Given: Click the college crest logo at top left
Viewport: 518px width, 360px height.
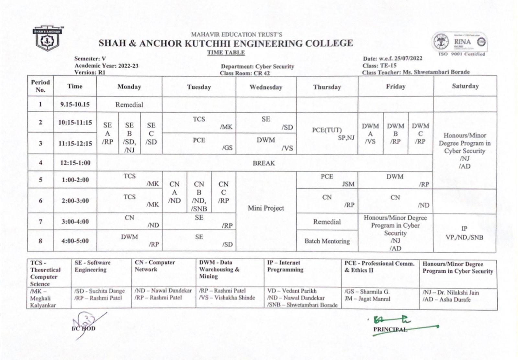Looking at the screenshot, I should tap(47, 39).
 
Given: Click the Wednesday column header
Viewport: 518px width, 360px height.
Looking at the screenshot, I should tap(266, 87).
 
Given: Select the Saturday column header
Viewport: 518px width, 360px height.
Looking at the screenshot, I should tap(465, 86).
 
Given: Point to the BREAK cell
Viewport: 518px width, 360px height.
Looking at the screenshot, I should tap(264, 163).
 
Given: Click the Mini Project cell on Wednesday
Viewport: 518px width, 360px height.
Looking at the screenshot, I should tap(266, 208).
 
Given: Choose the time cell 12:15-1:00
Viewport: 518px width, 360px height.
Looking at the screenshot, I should tap(75, 163).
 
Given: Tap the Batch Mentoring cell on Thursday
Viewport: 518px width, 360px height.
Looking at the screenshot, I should tap(327, 241).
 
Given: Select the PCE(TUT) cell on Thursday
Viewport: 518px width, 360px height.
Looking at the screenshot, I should tap(327, 130).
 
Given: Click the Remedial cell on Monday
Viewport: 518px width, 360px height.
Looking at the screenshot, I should tap(129, 104).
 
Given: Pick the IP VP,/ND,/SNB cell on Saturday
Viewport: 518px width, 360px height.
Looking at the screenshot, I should tap(464, 233).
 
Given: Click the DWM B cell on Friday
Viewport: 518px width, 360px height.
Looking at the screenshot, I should tap(395, 133).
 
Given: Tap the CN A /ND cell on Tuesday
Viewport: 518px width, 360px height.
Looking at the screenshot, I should tap(174, 192).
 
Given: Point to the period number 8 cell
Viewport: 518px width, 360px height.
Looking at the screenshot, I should tap(40, 241).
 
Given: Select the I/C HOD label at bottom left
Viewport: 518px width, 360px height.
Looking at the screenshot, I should tap(84, 329).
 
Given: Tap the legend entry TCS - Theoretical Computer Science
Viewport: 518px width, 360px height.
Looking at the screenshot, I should tap(45, 273).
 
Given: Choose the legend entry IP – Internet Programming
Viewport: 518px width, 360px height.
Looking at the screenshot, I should tap(285, 266).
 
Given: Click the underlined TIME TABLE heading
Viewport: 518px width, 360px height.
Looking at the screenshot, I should tap(226, 53).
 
